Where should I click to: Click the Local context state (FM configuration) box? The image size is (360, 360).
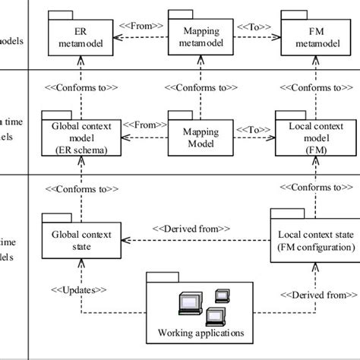pos(314,241)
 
